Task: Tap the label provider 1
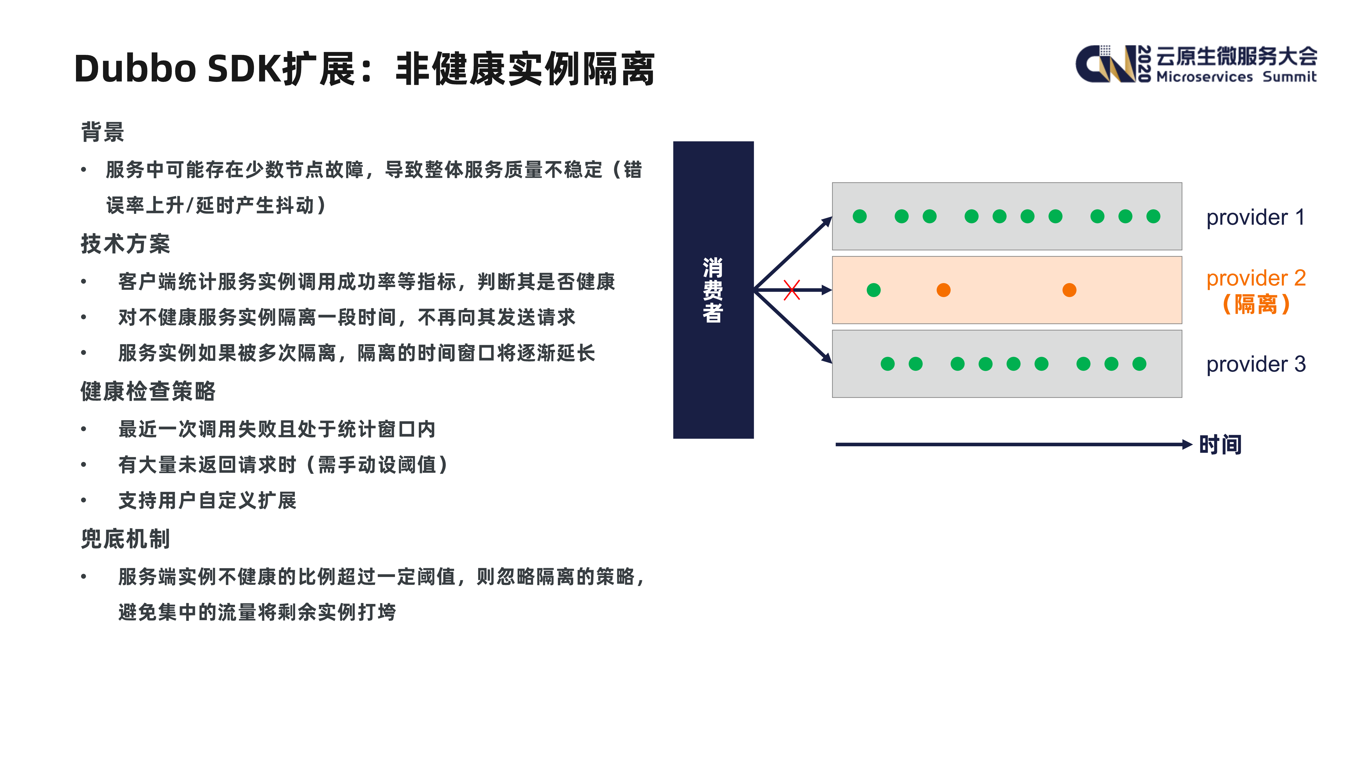click(x=1255, y=217)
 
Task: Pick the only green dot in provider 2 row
click(x=873, y=290)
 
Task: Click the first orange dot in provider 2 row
click(x=943, y=290)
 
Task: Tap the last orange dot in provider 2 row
click(x=1069, y=290)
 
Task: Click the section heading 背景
click(x=103, y=132)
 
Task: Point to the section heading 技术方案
click(x=125, y=244)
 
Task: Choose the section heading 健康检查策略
click(x=148, y=391)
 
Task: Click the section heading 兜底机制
click(x=125, y=539)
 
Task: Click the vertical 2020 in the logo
click(x=1144, y=64)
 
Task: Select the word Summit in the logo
click(x=1289, y=77)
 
